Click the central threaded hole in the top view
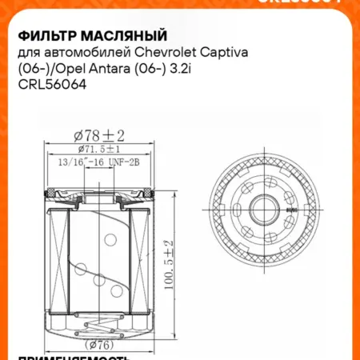pos(264,211)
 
